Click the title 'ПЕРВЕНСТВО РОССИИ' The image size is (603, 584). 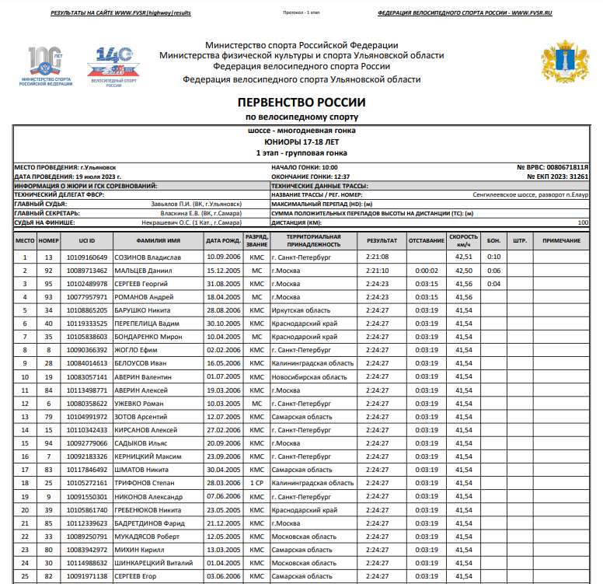(x=301, y=103)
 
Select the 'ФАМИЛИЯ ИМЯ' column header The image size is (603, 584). (x=158, y=241)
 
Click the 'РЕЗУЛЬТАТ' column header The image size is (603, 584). (x=382, y=241)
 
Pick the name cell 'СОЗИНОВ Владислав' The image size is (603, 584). (x=148, y=257)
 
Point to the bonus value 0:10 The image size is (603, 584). (x=493, y=257)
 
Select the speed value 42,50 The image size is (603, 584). (x=463, y=270)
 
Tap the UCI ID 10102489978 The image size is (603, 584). (x=87, y=283)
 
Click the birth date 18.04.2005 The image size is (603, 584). (x=223, y=297)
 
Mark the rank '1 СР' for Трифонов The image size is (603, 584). (x=256, y=483)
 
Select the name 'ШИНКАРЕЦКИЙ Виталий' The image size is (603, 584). (x=154, y=562)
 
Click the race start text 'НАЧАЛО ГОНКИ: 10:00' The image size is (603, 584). (x=304, y=167)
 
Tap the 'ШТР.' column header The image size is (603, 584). (x=520, y=241)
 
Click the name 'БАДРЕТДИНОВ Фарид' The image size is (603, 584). (x=151, y=523)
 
